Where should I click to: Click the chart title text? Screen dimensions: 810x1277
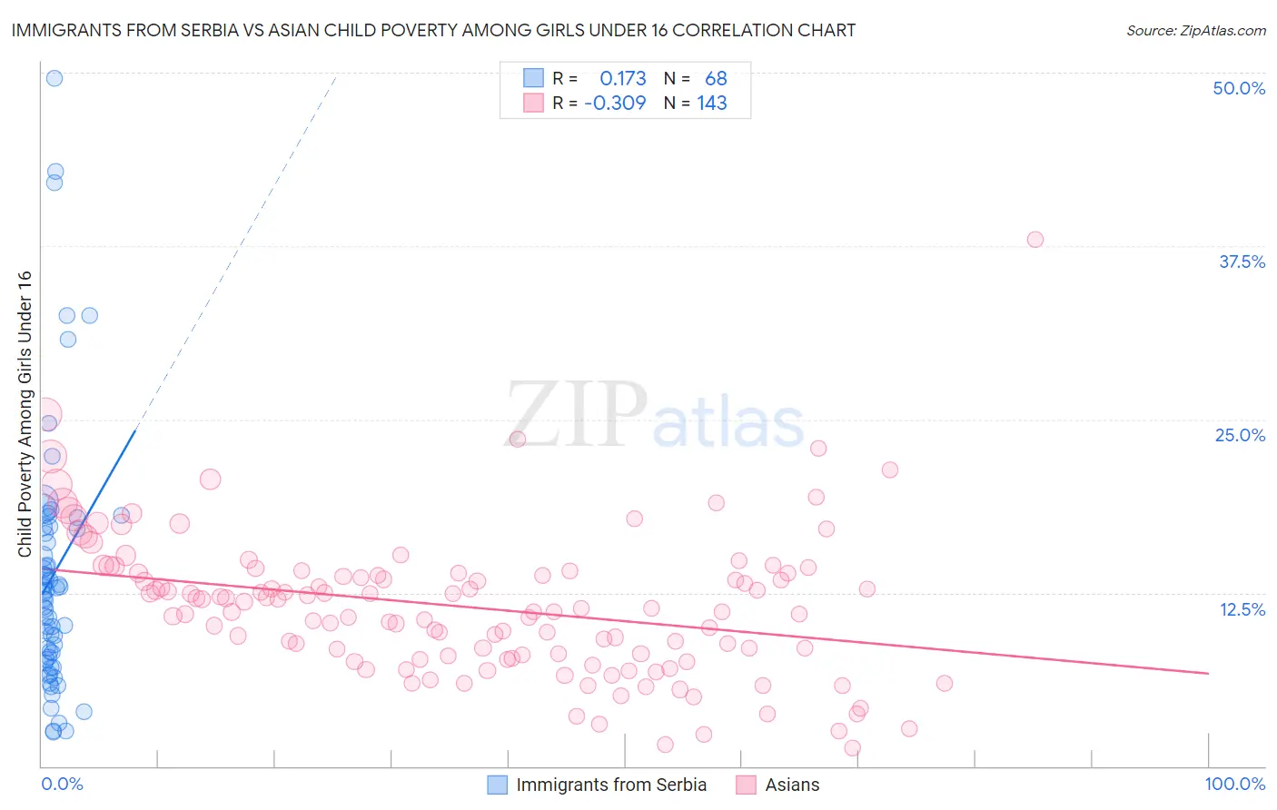[433, 30]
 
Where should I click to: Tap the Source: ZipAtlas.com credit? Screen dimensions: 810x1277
[1195, 30]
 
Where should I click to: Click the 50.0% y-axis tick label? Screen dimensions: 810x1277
[1239, 88]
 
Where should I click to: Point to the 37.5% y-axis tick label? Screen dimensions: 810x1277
[1242, 262]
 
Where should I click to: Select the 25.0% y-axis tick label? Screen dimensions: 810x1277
[1240, 435]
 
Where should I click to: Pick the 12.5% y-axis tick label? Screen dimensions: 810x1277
[1242, 609]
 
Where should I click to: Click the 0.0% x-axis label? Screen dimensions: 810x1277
[62, 784]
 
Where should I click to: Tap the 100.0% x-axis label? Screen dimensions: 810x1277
[1234, 784]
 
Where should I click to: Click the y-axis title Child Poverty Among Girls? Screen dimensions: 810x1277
[25, 414]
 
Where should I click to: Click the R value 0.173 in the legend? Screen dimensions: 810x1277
[622, 79]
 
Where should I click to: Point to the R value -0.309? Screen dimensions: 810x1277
[615, 104]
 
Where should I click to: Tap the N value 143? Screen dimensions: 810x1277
[712, 104]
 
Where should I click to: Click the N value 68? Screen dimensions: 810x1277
[716, 79]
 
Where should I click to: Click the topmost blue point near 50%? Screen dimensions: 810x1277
[54, 78]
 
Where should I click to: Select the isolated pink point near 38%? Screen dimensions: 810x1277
[1034, 240]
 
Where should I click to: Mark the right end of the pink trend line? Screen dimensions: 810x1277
[1208, 673]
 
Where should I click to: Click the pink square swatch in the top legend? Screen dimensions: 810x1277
[533, 104]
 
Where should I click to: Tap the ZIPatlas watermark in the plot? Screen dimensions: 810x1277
[654, 416]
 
